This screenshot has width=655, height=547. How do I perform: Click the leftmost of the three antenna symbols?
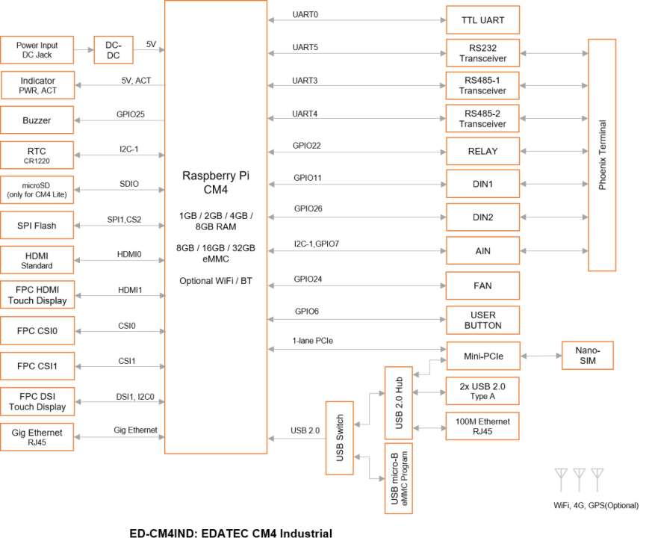561,478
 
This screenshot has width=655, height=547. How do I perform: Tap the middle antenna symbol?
579,478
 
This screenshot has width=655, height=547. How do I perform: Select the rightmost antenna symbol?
597,478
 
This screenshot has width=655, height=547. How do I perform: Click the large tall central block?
215,226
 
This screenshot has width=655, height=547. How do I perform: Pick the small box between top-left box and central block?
113,50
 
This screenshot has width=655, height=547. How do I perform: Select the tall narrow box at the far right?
602,155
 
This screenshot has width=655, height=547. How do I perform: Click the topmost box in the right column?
482,19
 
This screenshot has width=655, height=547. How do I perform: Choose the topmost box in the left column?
37,50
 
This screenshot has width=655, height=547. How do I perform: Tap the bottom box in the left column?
37,436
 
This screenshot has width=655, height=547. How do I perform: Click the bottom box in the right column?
482,426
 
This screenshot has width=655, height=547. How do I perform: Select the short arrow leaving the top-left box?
84,50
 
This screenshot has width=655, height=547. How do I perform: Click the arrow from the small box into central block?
149,50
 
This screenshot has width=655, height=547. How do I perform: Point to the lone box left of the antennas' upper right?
587,356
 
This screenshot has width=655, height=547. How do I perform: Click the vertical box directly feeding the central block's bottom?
339,438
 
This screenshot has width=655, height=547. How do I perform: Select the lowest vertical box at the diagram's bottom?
398,478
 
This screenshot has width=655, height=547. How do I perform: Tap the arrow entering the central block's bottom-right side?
296,439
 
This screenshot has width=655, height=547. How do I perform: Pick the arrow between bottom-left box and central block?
119,437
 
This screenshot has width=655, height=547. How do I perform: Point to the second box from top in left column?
37,85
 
